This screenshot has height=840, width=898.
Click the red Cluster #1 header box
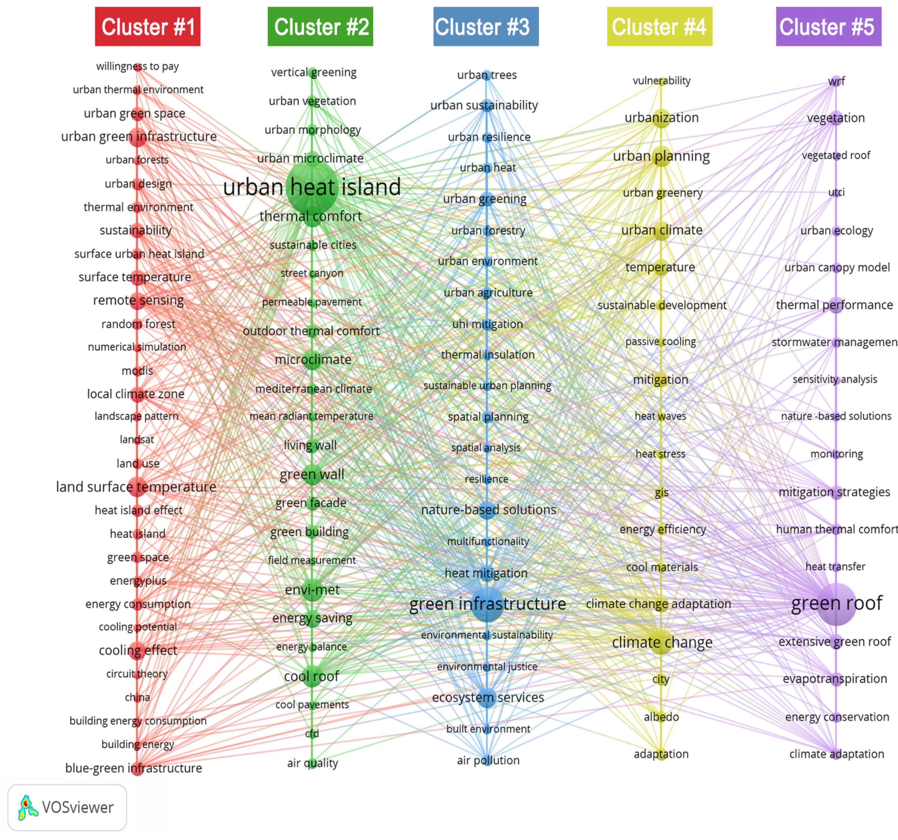coord(147,26)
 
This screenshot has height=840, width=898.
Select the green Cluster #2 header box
coord(320,26)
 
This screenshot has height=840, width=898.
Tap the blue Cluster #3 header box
coord(486,26)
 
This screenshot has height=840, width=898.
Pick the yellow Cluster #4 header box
coord(660,26)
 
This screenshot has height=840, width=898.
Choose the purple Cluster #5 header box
coord(829,26)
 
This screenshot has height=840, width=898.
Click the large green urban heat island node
coord(312,187)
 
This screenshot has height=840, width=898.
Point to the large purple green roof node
coord(837,604)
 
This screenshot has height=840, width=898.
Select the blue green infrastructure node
coord(487,604)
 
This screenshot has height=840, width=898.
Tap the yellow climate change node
coord(661,642)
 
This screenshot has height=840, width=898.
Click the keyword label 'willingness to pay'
coord(137,66)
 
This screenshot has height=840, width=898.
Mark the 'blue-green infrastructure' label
coord(134,768)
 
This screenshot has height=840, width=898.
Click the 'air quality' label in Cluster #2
coord(313,763)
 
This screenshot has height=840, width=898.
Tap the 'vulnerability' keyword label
coord(661,81)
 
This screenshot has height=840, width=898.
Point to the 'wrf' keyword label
coord(836,81)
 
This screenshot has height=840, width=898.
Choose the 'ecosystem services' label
coord(487,697)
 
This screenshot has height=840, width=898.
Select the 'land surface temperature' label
coord(136,486)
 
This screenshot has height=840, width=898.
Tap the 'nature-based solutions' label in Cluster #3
coord(488,510)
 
